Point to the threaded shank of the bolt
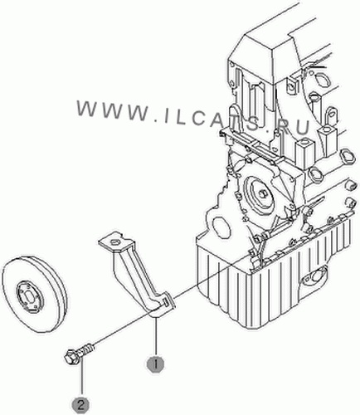click(x=85, y=349)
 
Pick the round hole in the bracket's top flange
click(x=114, y=242)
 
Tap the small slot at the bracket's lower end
click(x=165, y=302)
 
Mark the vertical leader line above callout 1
click(x=155, y=336)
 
